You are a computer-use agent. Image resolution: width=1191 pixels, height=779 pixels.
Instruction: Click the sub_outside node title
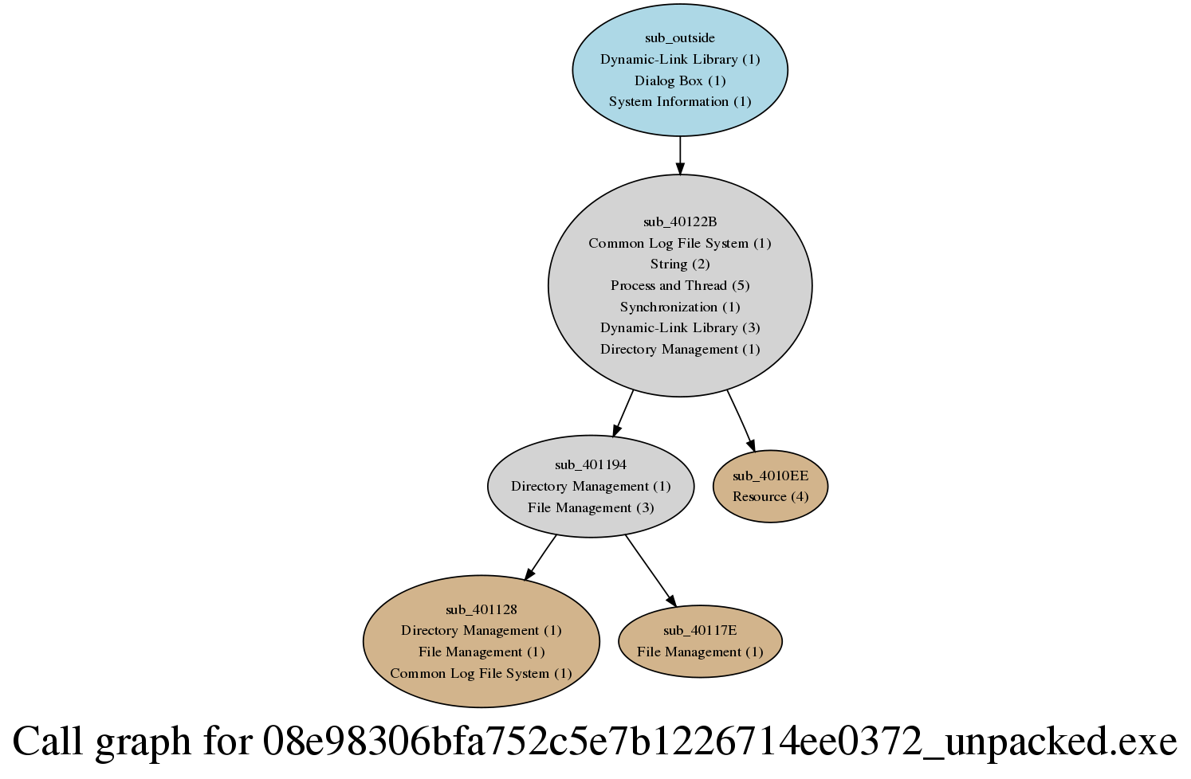(x=680, y=38)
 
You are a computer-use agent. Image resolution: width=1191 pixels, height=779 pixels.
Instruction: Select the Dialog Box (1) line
(x=680, y=80)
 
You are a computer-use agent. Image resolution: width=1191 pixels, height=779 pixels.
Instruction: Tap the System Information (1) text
(x=680, y=102)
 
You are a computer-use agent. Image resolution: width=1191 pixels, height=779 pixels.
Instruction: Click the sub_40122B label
(x=680, y=221)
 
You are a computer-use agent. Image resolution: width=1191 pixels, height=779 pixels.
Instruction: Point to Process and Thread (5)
(x=680, y=285)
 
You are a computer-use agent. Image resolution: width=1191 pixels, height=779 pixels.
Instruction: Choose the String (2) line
(x=680, y=264)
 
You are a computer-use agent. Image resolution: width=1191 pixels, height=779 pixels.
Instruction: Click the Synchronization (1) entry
(x=680, y=307)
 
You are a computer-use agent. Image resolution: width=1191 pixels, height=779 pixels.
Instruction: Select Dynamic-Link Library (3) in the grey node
(x=680, y=327)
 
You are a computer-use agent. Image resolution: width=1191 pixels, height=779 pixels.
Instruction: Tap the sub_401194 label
(x=591, y=464)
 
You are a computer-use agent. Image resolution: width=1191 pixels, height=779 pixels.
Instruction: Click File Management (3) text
(x=591, y=507)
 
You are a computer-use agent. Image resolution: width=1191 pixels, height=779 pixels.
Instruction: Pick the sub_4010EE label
(x=770, y=476)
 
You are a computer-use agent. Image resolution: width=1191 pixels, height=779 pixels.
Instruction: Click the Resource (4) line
(x=770, y=496)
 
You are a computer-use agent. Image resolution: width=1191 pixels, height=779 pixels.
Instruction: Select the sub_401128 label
(x=482, y=609)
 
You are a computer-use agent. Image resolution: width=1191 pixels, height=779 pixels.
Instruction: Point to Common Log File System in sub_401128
(x=482, y=673)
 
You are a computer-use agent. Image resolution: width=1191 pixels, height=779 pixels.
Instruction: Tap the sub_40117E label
(x=700, y=630)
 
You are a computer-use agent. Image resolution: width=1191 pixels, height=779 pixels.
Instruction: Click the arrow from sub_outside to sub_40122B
(x=680, y=155)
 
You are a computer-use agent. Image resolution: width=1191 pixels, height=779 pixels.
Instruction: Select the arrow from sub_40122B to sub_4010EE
(x=741, y=421)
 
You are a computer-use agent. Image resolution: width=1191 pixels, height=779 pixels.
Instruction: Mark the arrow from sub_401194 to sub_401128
(x=540, y=557)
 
